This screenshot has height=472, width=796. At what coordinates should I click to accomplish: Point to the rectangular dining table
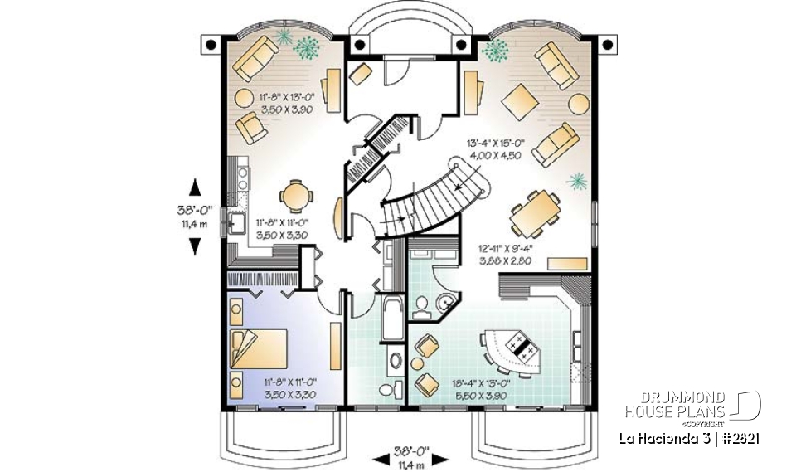coord(535,213)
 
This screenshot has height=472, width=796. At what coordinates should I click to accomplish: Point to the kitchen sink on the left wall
coord(235,222)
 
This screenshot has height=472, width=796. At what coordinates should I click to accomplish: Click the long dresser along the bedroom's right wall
coord(334,346)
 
